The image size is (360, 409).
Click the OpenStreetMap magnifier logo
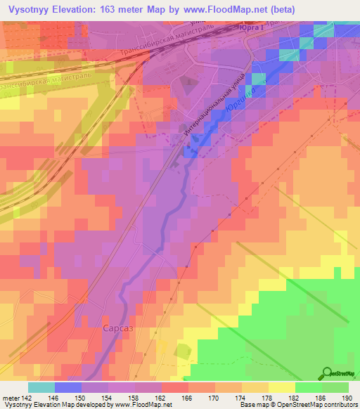pyautogui.click(x=328, y=372)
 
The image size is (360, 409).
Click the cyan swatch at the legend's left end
pyautogui.click(x=41, y=387)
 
